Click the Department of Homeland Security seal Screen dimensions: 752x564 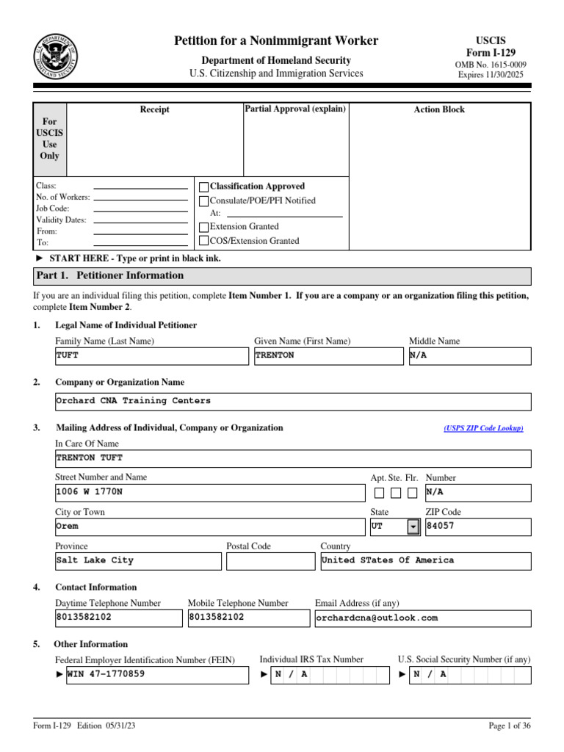tap(56, 57)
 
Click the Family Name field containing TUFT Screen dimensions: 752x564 tap(152, 355)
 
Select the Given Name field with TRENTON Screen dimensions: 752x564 tap(328, 355)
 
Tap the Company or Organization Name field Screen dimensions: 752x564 tap(293, 401)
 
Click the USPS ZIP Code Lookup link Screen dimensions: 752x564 tap(483, 428)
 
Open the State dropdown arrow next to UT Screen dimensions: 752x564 tap(413, 527)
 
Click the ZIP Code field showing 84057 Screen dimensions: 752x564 tap(477, 527)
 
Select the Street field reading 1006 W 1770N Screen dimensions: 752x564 tap(210, 492)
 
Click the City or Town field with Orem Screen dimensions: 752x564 tap(210, 527)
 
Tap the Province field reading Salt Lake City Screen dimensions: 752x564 tap(138, 560)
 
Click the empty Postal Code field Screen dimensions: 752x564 tap(270, 561)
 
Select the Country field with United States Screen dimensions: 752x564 tap(425, 560)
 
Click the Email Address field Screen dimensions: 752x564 tap(422, 618)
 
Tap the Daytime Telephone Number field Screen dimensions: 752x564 tap(118, 618)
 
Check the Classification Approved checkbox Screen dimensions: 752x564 tap(204, 187)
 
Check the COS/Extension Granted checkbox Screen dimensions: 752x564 tap(204, 241)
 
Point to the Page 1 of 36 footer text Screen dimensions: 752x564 tap(510, 726)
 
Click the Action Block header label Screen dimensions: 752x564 tap(439, 109)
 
